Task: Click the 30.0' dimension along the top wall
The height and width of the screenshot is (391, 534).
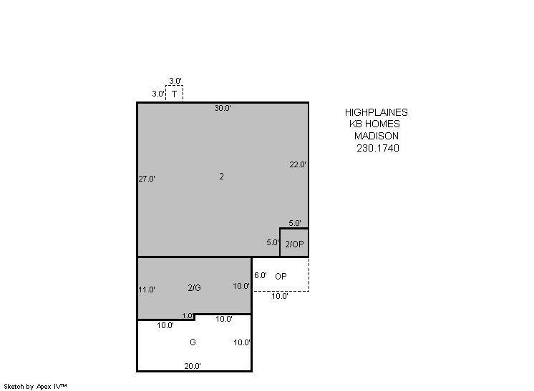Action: coord(223,108)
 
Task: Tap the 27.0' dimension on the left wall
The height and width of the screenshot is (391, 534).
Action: coord(147,179)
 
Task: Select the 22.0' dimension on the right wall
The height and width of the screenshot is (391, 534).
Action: coord(298,164)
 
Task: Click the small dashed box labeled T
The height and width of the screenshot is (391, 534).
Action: coord(175,94)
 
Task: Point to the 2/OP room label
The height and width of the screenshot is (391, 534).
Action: coord(294,244)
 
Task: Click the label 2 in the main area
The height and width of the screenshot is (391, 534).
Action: coord(221,176)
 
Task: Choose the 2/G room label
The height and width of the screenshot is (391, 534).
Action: coord(194,287)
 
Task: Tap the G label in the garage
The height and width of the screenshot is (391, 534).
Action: coord(193,342)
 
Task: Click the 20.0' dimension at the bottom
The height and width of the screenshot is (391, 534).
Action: coord(193,366)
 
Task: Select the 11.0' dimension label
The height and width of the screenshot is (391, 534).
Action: coord(147,289)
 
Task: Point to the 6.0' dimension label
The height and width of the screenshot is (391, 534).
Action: coord(261,275)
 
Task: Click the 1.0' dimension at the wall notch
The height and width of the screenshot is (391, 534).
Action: coord(188,315)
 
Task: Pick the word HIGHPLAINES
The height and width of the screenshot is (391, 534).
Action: coord(377,112)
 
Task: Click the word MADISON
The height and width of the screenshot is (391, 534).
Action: coord(377,136)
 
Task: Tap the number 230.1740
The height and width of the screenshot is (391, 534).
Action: coord(378,148)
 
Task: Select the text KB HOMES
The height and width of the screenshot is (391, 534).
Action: coord(374,124)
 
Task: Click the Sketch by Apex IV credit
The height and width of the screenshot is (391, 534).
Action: coord(35,387)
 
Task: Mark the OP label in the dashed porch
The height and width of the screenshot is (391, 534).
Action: coord(281,277)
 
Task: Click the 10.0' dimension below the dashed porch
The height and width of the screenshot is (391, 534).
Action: coord(280,296)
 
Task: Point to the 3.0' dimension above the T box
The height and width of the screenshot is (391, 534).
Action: coord(175,81)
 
